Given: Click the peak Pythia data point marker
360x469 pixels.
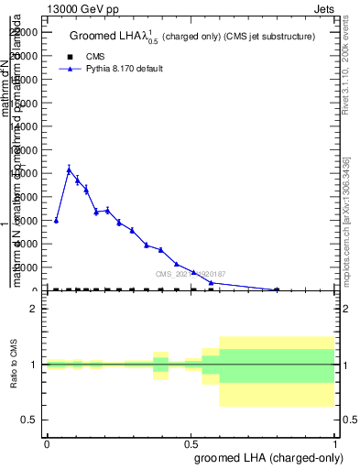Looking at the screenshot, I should (69, 169).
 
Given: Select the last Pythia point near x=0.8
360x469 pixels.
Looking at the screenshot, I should (277, 289).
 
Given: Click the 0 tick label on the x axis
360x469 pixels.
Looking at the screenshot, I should (46, 442).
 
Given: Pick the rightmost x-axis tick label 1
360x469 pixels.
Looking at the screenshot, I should (335, 442).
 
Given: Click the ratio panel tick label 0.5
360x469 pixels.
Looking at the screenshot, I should (28, 420).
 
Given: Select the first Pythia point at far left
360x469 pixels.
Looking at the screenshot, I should (56, 221).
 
